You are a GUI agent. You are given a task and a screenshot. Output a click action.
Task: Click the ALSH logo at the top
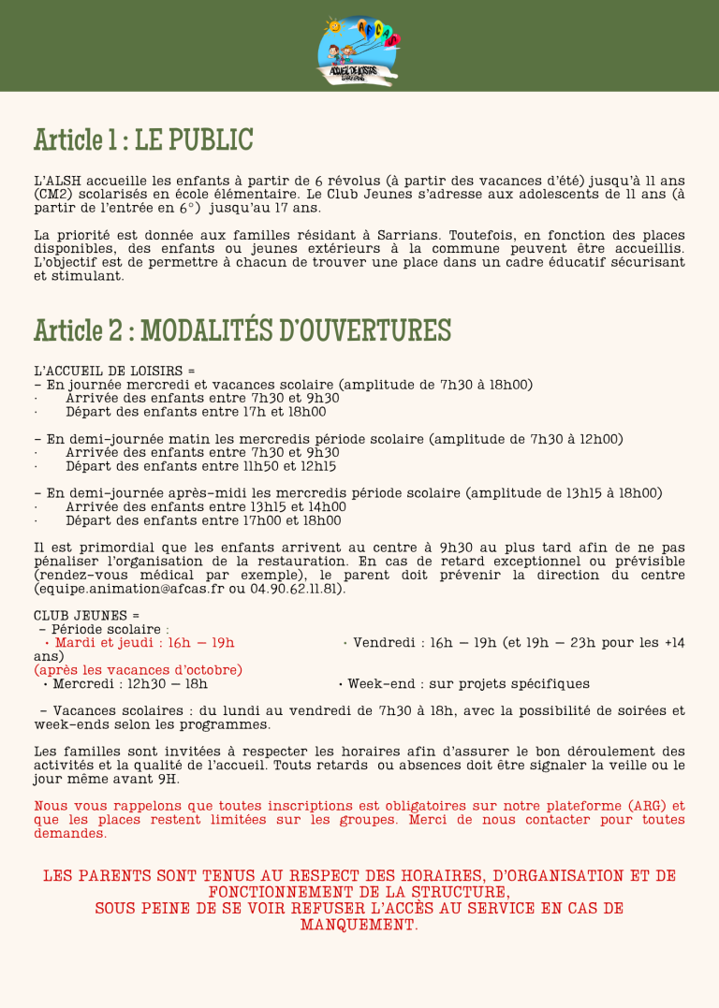(359, 47)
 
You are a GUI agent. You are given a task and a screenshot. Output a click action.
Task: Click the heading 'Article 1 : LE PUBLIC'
(143, 140)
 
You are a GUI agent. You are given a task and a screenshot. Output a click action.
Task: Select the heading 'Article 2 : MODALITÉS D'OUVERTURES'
(242, 330)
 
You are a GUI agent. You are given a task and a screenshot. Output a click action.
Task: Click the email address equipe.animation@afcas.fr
(129, 589)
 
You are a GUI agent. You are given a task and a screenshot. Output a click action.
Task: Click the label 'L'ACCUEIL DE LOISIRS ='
(114, 371)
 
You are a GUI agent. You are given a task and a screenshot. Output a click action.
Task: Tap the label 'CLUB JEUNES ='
(80, 615)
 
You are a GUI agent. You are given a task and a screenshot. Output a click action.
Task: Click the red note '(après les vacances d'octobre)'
(138, 669)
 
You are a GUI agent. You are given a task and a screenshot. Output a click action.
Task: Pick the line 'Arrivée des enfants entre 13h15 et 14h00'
(206, 506)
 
